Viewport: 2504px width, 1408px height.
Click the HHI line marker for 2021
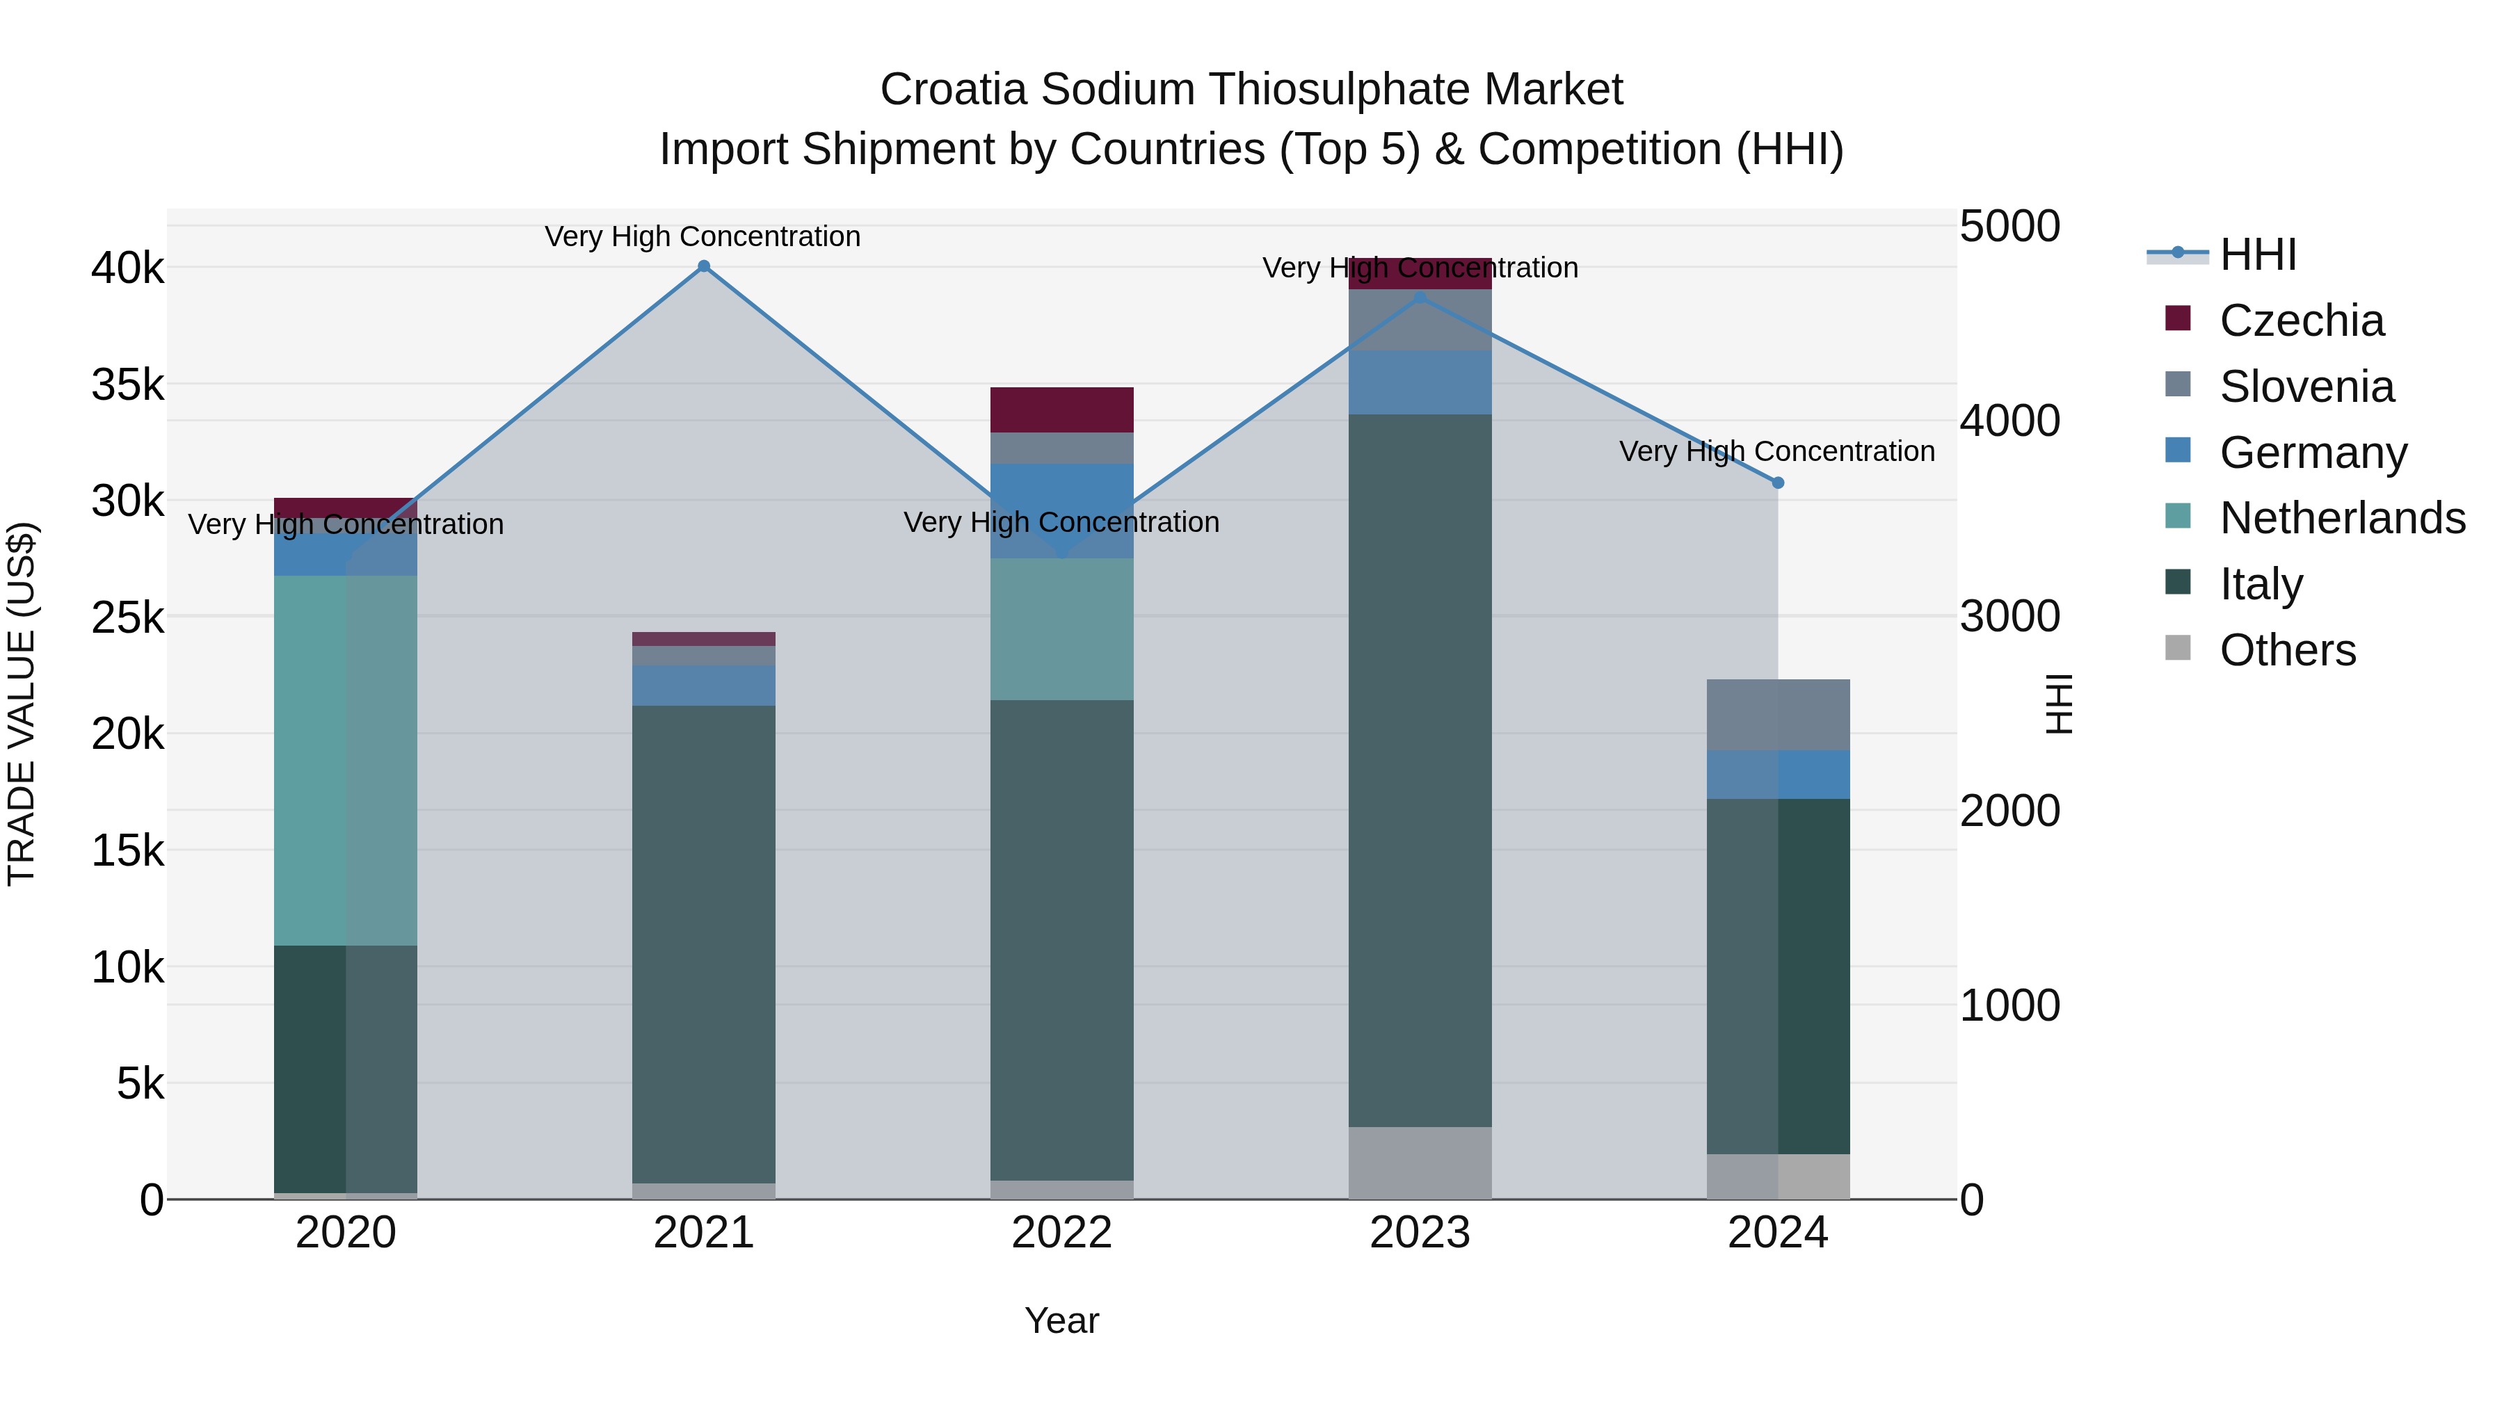pyautogui.click(x=704, y=266)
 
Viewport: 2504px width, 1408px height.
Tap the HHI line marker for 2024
pyautogui.click(x=1778, y=483)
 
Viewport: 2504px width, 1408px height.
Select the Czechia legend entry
pyautogui.click(x=2300, y=321)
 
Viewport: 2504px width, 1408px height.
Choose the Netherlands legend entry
pyautogui.click(x=2341, y=519)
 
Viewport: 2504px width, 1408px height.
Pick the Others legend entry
pyautogui.click(x=2286, y=650)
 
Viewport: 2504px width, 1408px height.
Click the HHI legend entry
pyautogui.click(x=2257, y=254)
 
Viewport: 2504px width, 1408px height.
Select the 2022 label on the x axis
pyautogui.click(x=1061, y=1233)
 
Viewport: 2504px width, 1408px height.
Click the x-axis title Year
pyautogui.click(x=1061, y=1320)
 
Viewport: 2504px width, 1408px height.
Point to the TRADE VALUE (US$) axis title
pyautogui.click(x=22, y=704)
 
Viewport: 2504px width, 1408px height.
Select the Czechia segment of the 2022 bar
pyautogui.click(x=1061, y=410)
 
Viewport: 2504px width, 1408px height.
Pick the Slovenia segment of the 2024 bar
pyautogui.click(x=1778, y=715)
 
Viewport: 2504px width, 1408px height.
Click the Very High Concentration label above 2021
pyautogui.click(x=702, y=237)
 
